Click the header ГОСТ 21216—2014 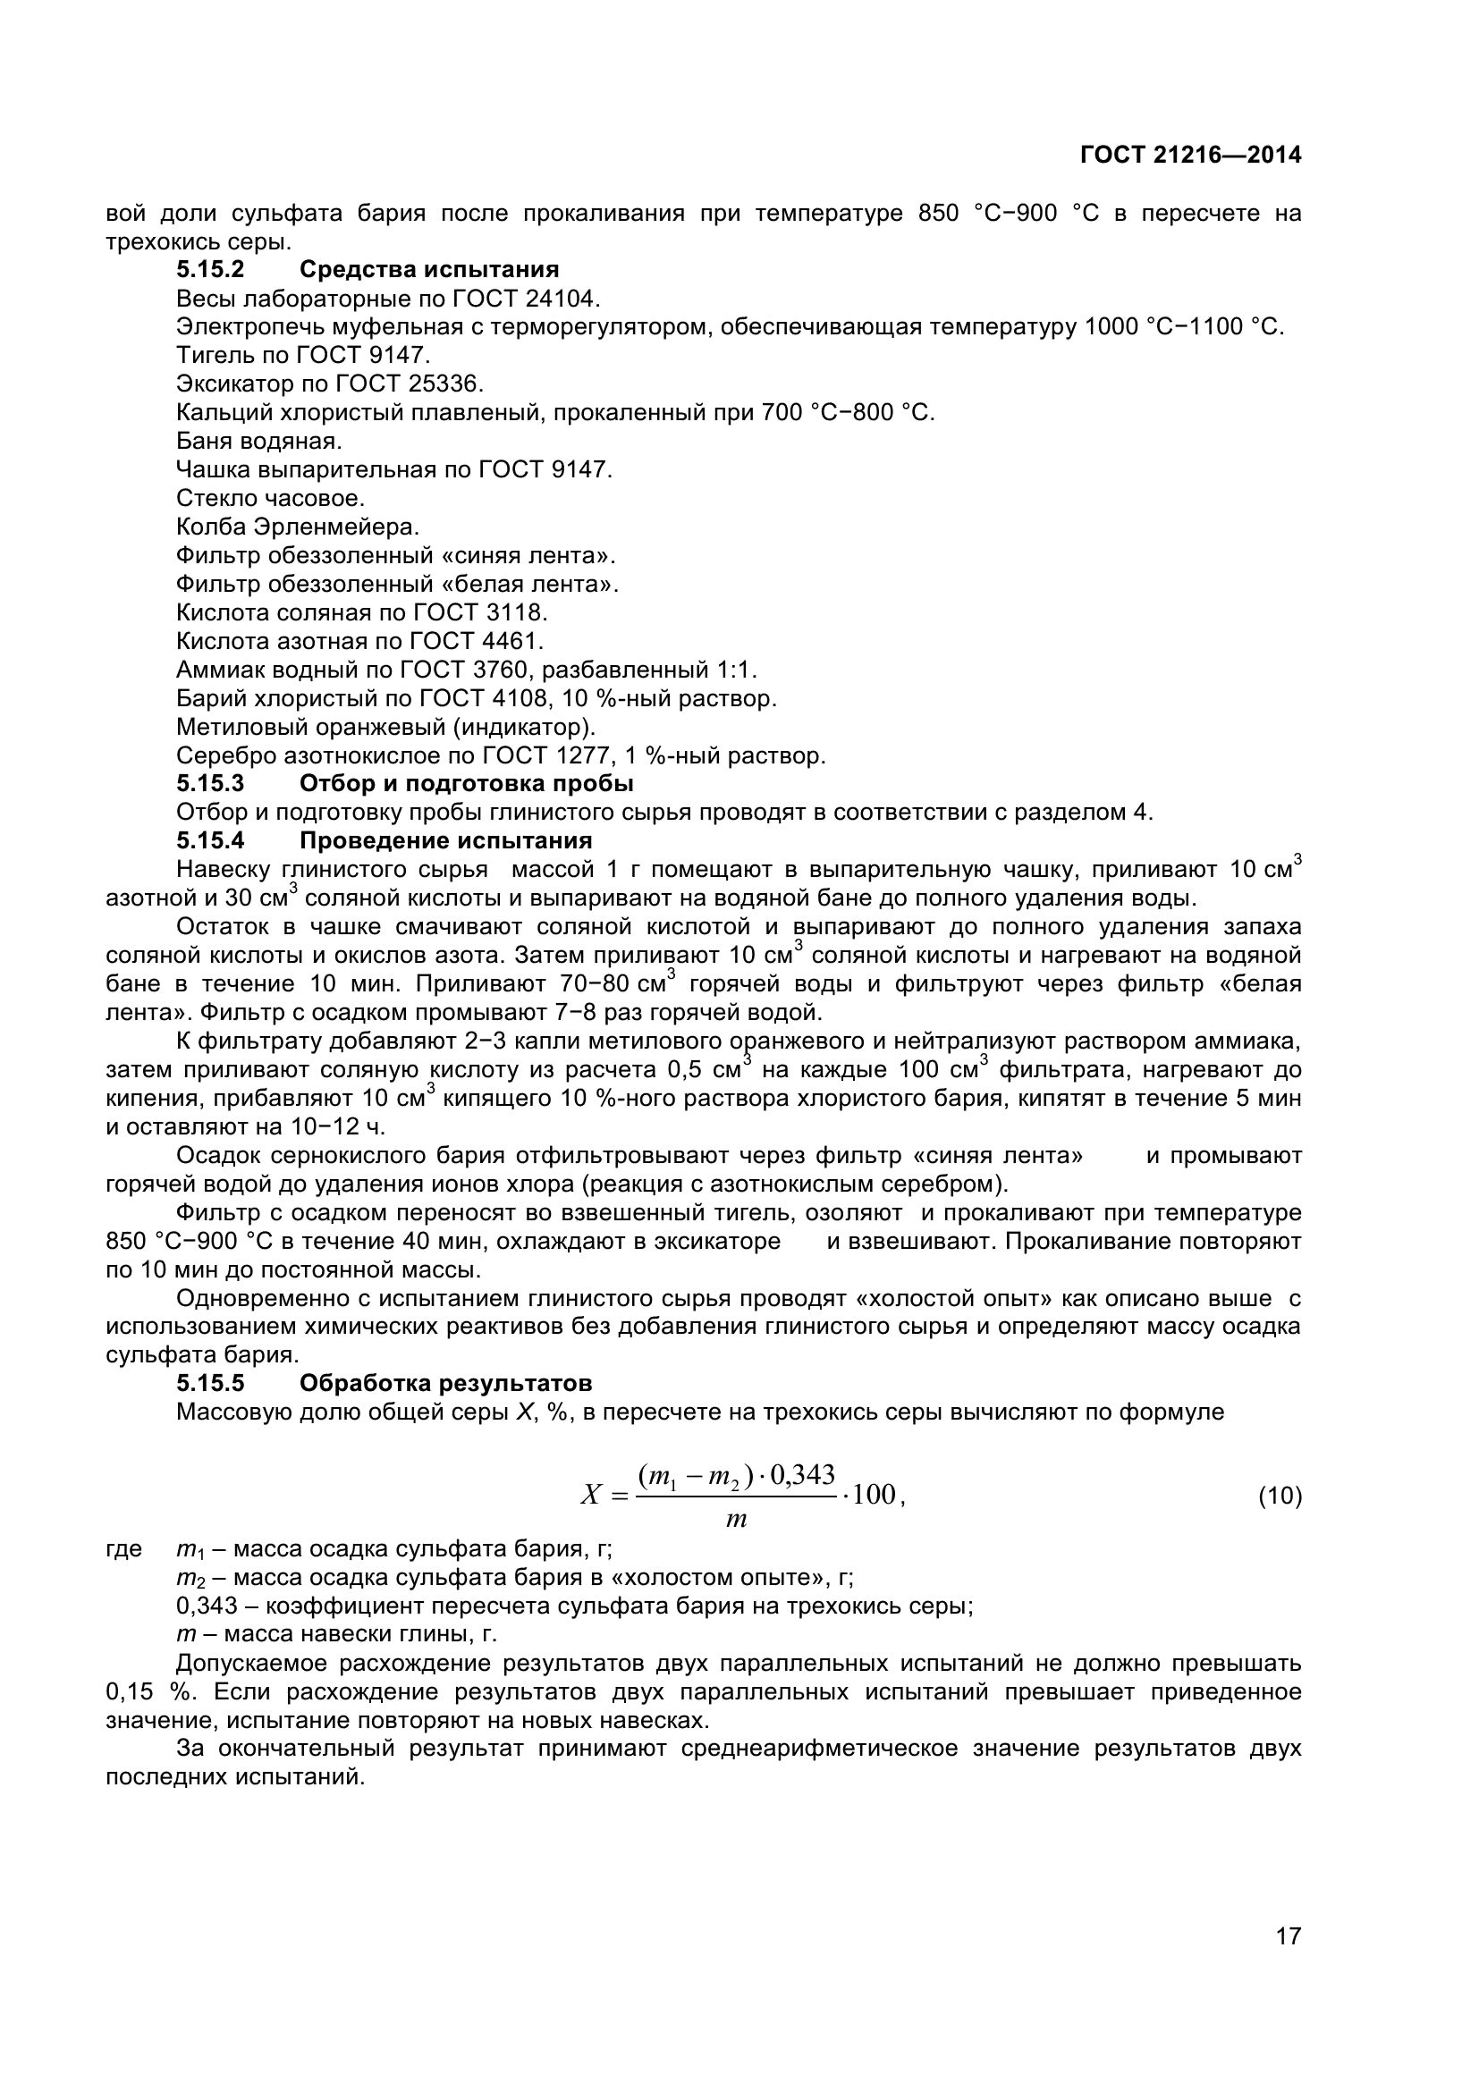[x=1190, y=156]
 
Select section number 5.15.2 [x=210, y=270]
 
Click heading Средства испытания [x=429, y=270]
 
